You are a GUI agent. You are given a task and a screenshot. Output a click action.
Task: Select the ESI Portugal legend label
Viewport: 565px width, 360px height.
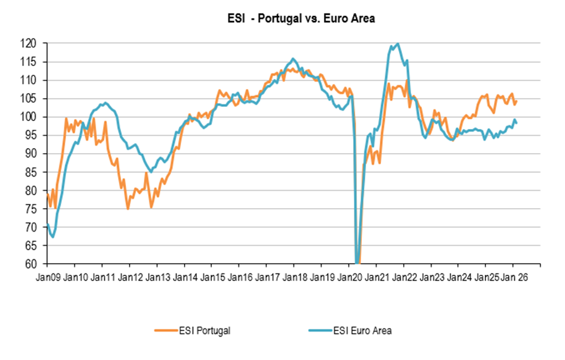tap(207, 331)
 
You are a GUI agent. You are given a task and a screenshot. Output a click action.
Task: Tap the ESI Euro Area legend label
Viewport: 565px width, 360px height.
tap(364, 331)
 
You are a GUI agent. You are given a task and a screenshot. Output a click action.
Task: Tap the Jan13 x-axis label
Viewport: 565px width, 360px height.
tap(157, 277)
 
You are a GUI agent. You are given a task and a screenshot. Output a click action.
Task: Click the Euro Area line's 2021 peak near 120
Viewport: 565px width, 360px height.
tap(397, 44)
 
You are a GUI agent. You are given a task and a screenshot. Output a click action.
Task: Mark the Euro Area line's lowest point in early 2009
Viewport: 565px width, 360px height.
tap(52, 237)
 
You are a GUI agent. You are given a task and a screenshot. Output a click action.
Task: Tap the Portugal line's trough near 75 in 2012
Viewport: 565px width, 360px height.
tap(128, 209)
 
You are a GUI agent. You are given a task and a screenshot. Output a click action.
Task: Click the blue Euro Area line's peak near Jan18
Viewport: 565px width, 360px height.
tap(293, 59)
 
